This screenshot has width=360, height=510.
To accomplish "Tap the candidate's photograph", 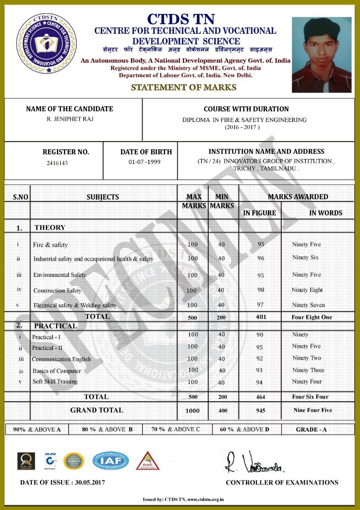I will pos(321,55).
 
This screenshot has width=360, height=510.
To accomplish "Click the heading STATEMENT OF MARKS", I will pos(184,88).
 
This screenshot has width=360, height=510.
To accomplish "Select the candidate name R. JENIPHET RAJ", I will pos(70,119).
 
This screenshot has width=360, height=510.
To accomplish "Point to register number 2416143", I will pos(57,163).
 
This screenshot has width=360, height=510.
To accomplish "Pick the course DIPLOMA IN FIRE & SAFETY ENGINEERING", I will pos(245,120).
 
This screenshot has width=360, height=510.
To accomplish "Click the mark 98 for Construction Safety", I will pos(261,290).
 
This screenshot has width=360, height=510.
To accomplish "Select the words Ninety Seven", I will pos(308,305).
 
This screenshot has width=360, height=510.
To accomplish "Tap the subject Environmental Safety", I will pos(60,275).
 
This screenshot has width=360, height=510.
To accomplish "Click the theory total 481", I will pos(261,317).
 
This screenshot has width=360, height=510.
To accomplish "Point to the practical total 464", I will pos(260,397).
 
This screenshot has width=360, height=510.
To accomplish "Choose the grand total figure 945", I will pos(260,410).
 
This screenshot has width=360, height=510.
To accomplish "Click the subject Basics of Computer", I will pos(57,371).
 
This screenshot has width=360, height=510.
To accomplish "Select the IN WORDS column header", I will pos(325,213).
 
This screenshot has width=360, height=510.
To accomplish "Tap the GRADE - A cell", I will pos(311,430).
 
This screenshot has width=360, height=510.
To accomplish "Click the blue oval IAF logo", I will pos(111,461).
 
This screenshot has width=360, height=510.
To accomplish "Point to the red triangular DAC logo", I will pos(148,461).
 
